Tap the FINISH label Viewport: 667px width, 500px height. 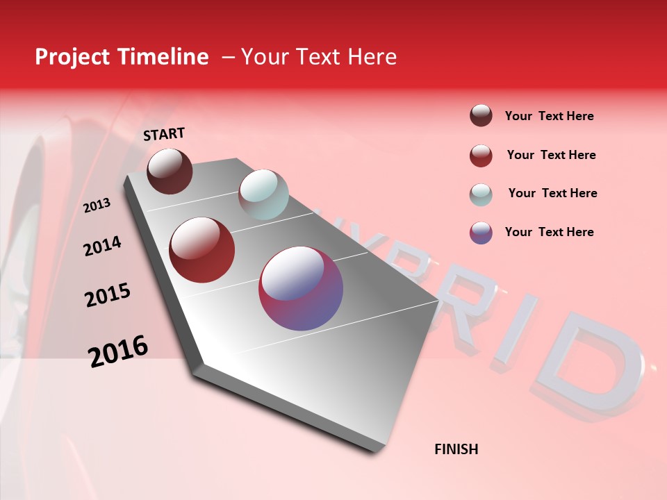[456, 449]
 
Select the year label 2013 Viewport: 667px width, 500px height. [97, 206]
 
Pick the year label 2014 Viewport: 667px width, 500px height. [103, 246]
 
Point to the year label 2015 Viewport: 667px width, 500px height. [108, 295]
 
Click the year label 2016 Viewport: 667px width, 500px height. [118, 351]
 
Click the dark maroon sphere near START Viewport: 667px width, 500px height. [170, 171]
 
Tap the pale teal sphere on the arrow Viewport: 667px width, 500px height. [263, 194]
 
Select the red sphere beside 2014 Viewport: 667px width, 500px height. [202, 250]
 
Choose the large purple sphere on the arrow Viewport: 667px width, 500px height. [301, 288]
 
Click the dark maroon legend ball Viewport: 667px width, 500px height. [481, 116]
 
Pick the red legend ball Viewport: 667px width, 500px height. [481, 156]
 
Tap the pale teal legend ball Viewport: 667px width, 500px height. [481, 194]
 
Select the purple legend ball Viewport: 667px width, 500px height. [481, 233]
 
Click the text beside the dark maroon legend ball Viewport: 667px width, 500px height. [549, 116]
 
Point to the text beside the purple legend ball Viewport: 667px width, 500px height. [549, 232]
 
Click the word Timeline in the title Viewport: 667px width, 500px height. [164, 57]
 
